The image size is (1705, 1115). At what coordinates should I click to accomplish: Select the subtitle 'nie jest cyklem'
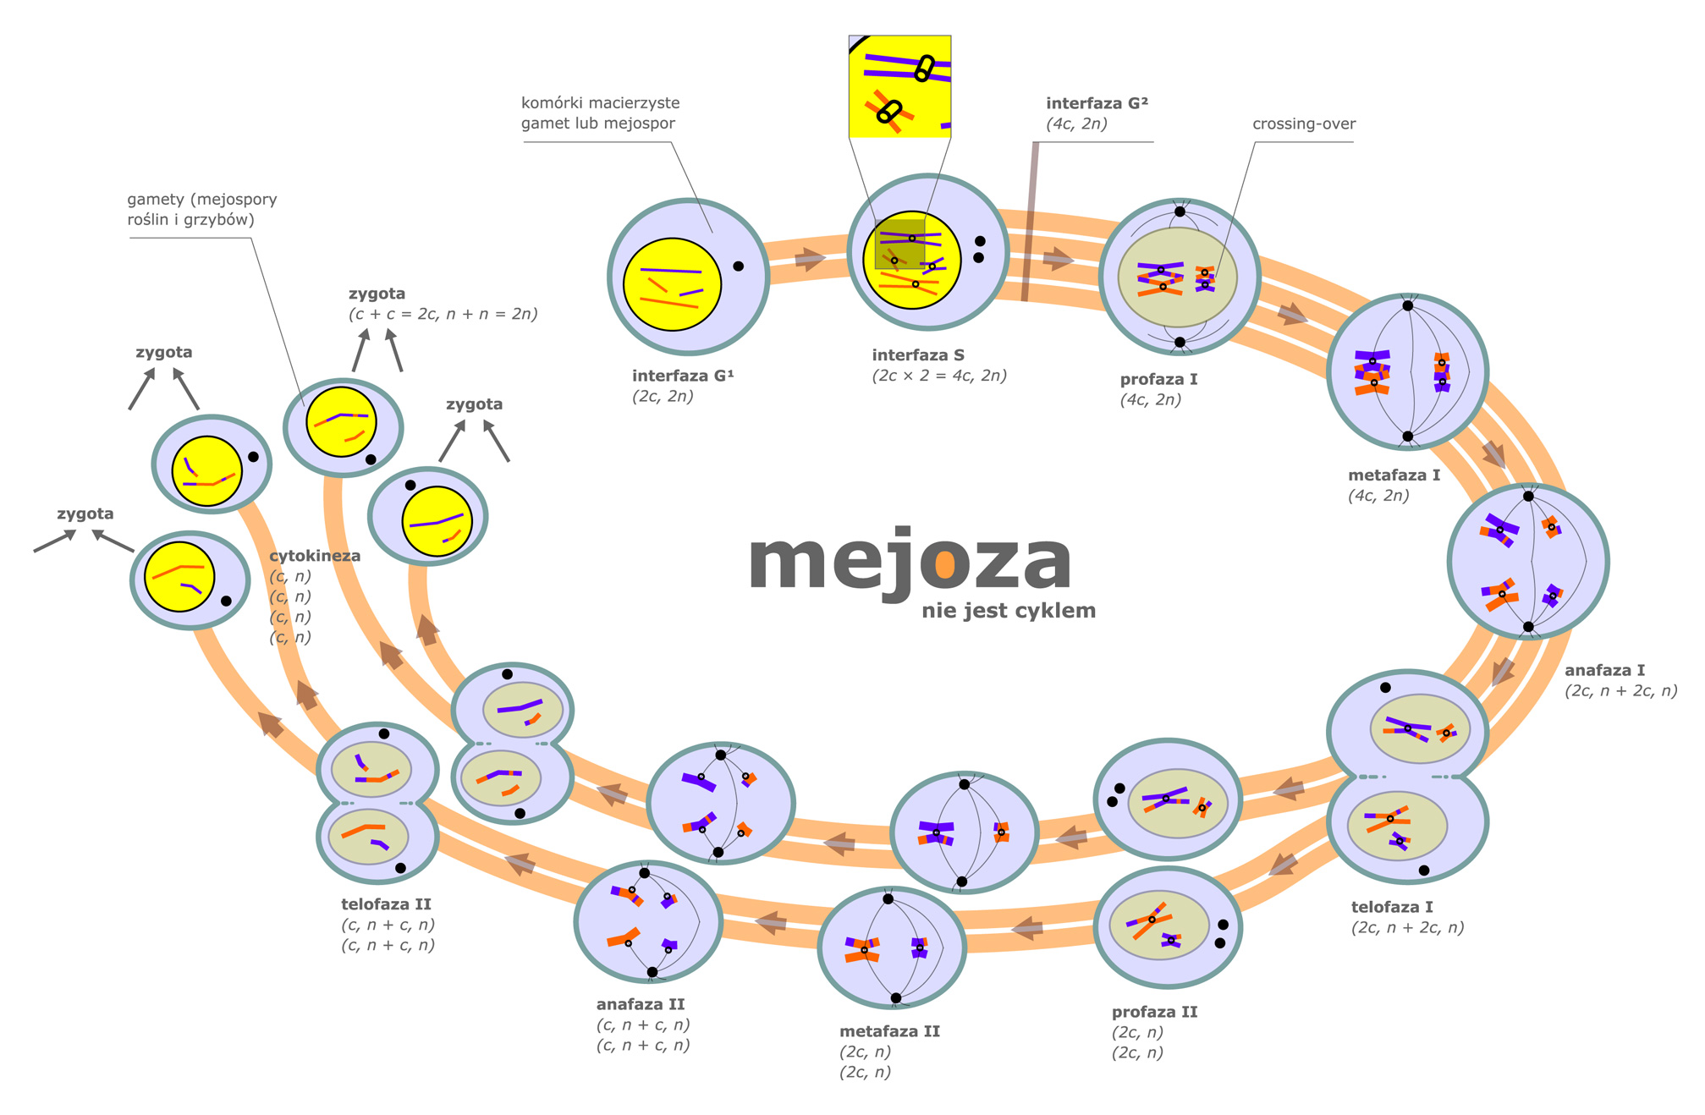(1009, 611)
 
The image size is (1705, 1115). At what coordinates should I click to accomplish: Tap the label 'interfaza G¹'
(683, 376)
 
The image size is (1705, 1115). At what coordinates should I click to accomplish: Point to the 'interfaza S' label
(918, 355)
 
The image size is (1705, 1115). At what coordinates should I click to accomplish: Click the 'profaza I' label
(1158, 379)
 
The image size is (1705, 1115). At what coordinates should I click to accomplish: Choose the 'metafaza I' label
(1394, 475)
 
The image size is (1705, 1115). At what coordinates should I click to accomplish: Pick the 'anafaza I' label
(1604, 670)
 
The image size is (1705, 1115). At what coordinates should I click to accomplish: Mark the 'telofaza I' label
(1392, 907)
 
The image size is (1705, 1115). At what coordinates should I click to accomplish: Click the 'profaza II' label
(1154, 1012)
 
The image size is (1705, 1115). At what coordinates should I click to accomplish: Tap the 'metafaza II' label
(889, 1031)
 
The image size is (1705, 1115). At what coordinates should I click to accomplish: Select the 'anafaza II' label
(641, 1004)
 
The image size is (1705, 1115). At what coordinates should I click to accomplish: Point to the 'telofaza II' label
(386, 904)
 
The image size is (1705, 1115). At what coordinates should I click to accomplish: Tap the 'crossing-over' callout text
(1304, 124)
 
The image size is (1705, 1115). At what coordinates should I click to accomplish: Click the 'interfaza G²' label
(1097, 103)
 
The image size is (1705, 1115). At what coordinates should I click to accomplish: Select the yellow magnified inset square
(899, 86)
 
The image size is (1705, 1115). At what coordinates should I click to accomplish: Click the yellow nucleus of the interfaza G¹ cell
(672, 284)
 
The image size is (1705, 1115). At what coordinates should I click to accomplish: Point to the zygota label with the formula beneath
(377, 294)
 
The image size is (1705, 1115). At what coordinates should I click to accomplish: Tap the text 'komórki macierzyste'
(600, 102)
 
